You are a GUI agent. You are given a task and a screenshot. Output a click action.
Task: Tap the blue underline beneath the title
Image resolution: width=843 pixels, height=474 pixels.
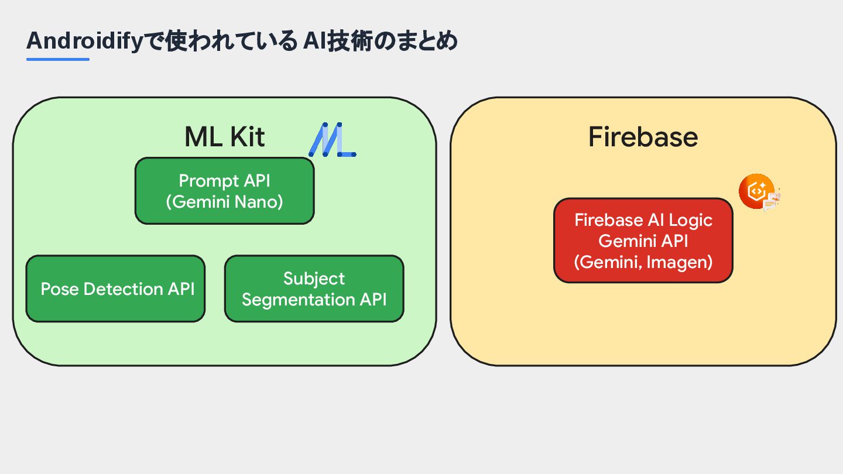[x=58, y=59]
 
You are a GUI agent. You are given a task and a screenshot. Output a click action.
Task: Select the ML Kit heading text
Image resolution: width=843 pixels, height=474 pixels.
[x=225, y=136]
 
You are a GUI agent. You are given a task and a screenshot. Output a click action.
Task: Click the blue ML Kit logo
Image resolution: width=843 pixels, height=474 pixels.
[x=333, y=139]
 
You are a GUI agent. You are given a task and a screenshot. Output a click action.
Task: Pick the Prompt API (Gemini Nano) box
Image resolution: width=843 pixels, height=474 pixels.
[x=225, y=191]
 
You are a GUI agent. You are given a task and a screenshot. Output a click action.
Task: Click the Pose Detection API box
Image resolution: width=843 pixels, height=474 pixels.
[x=115, y=289]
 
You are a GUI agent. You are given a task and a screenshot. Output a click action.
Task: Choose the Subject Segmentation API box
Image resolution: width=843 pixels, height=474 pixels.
[x=314, y=289]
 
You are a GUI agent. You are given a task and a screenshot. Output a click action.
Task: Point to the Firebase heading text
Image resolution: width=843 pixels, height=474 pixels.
[x=643, y=136]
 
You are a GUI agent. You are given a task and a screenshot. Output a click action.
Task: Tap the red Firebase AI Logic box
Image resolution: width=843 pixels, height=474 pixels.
[x=643, y=241]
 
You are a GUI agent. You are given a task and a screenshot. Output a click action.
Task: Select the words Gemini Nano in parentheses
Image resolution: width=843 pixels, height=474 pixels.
[x=225, y=202]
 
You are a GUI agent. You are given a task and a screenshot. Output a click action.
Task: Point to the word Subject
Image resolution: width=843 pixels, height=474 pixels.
[x=314, y=279]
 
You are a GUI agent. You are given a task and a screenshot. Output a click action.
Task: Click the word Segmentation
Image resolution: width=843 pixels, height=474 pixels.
[x=299, y=300]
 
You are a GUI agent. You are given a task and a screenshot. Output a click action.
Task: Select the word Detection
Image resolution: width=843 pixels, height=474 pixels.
[x=123, y=289]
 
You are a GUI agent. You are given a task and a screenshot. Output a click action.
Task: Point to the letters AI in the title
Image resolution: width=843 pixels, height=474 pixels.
[x=314, y=41]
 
